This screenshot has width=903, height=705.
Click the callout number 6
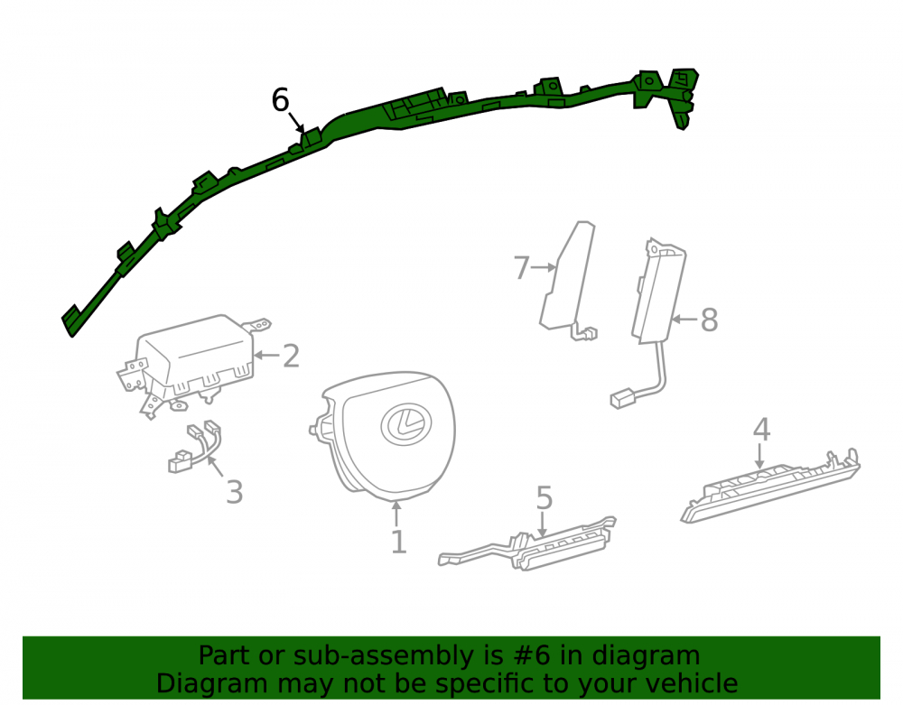click(x=280, y=100)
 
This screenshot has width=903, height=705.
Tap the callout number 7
click(x=521, y=267)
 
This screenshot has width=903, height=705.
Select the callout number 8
click(x=709, y=320)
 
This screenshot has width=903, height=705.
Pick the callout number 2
click(x=292, y=357)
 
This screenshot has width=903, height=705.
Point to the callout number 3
click(x=235, y=492)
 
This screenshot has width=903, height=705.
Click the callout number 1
click(x=398, y=543)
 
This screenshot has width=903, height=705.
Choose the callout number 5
click(x=545, y=497)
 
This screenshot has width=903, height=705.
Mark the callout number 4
click(x=761, y=430)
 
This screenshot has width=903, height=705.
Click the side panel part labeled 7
click(x=567, y=279)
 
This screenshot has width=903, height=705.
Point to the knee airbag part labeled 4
click(x=770, y=487)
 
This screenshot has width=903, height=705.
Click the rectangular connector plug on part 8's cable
click(x=622, y=399)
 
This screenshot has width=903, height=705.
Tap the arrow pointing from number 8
click(x=684, y=320)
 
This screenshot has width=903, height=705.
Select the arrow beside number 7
click(x=545, y=267)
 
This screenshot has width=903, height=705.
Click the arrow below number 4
click(x=760, y=457)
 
